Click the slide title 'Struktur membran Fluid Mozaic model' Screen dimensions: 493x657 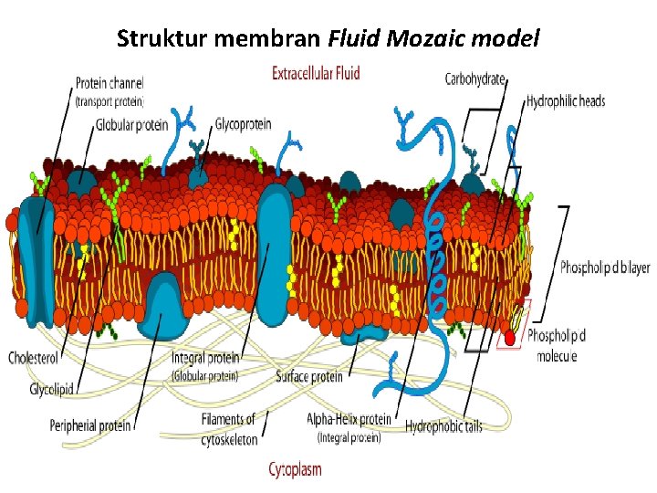click(x=328, y=39)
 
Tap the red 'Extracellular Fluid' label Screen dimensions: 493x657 click(x=316, y=73)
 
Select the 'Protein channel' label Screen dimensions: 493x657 click(x=109, y=82)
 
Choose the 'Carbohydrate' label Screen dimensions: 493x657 click(x=474, y=79)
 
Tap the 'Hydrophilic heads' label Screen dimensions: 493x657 click(x=566, y=101)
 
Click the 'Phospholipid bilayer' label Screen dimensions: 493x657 click(x=605, y=267)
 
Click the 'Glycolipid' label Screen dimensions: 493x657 click(x=51, y=389)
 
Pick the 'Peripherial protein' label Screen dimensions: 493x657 click(x=90, y=425)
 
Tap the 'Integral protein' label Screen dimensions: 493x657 click(x=205, y=358)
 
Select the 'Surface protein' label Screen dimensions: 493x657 click(x=309, y=376)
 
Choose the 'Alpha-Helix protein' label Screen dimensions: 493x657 click(x=349, y=420)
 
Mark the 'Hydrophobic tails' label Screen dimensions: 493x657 click(x=443, y=425)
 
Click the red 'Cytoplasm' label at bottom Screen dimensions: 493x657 click(x=295, y=469)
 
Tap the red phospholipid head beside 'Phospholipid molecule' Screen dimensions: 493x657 click(x=509, y=339)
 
